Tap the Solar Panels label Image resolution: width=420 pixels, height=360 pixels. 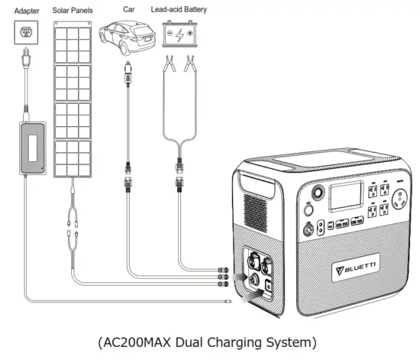pyautogui.click(x=73, y=11)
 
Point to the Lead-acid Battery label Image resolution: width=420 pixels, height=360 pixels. pyautogui.click(x=189, y=11)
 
